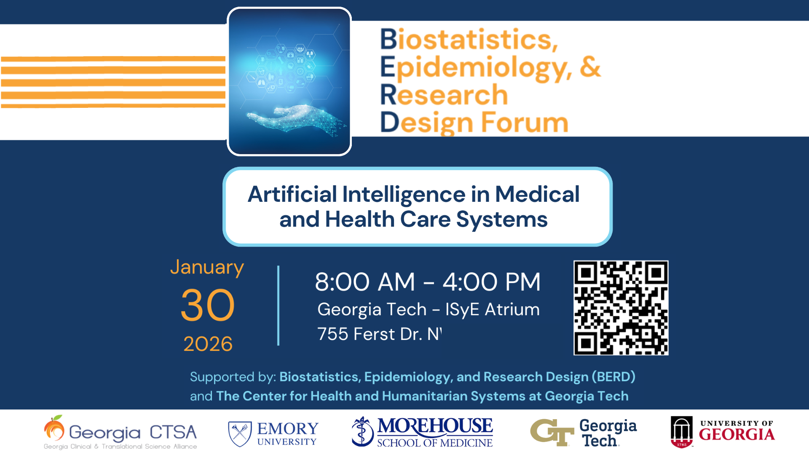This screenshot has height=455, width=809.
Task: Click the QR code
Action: (x=621, y=308)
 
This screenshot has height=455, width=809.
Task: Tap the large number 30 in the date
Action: (x=207, y=305)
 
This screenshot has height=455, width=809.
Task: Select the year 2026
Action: (x=208, y=344)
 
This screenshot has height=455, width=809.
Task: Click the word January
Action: (x=207, y=268)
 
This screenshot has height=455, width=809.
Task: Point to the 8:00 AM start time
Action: (x=365, y=282)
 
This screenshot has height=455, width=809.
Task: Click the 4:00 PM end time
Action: (x=491, y=282)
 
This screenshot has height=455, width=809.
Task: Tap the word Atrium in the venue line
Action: (x=512, y=309)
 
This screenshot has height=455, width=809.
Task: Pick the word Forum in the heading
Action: (x=525, y=123)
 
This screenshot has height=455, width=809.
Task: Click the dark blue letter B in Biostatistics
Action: (x=388, y=39)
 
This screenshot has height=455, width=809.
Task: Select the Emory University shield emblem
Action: (x=240, y=434)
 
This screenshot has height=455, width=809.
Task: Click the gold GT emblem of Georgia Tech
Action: (x=552, y=432)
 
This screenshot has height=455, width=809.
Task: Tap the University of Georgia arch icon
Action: (x=681, y=432)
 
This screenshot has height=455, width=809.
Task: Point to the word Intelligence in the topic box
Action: (x=404, y=194)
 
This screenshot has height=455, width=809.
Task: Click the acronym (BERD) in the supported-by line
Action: (x=613, y=377)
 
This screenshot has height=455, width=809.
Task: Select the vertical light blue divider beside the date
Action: (x=278, y=305)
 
